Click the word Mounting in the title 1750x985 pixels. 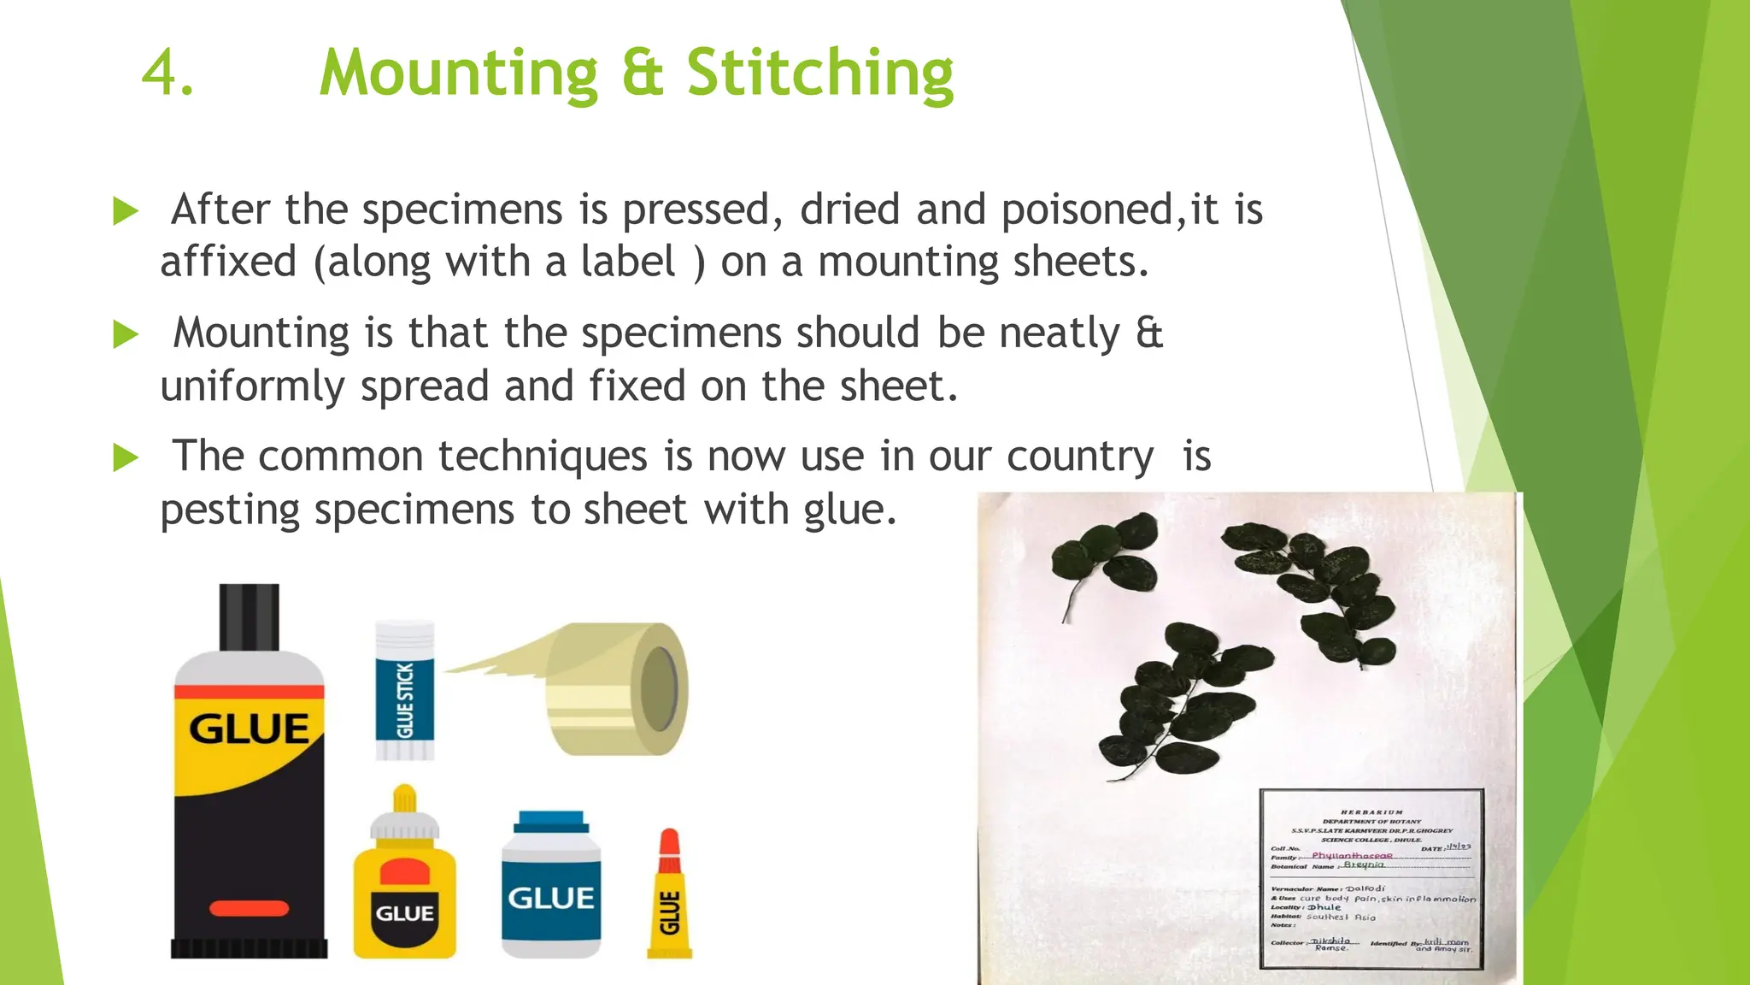[458, 74]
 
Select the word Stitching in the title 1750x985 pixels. [819, 74]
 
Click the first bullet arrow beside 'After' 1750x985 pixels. [125, 211]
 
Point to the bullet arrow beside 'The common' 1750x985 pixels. [125, 457]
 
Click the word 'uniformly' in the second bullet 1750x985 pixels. [252, 386]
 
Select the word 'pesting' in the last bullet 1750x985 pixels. [229, 510]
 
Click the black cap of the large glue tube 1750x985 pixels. [249, 616]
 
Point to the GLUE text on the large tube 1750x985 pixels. [249, 728]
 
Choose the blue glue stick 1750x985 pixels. [405, 691]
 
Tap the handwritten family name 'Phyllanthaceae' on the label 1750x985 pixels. [1352, 855]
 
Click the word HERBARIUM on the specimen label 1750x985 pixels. [1371, 812]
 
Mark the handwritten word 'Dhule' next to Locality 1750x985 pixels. [1324, 907]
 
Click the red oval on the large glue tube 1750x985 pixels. [249, 908]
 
